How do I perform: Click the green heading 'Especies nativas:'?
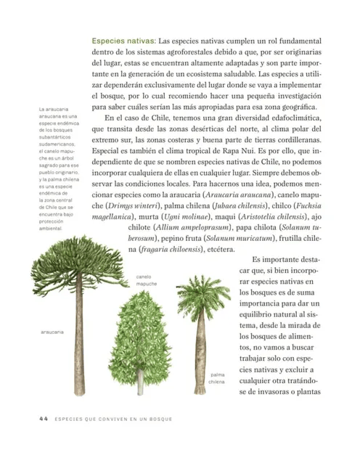click(123, 42)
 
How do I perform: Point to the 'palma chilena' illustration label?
click(216, 377)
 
